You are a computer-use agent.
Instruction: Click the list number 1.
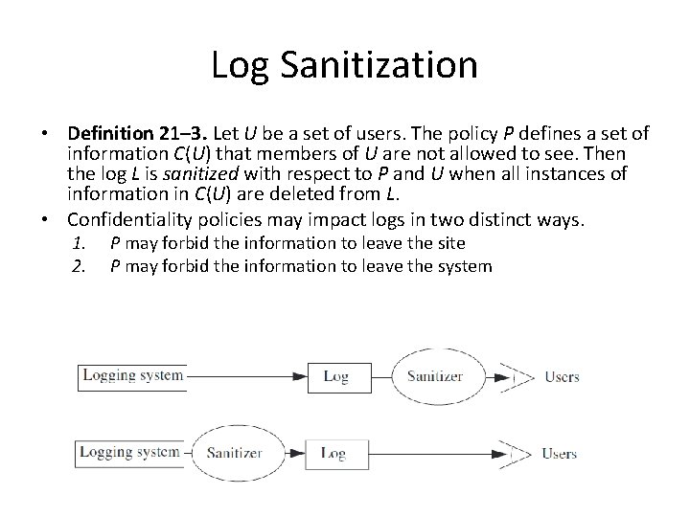pos(80,244)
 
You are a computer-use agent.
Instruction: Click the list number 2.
pos(80,265)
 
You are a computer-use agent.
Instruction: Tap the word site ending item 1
pos(448,244)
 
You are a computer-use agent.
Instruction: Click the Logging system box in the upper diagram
pos(132,375)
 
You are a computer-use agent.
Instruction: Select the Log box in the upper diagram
pos(335,376)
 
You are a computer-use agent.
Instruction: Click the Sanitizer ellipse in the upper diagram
pos(434,376)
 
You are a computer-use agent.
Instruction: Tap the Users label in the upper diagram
pos(562,376)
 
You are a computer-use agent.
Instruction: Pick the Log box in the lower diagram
pos(333,453)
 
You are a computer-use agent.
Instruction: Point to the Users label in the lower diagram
pos(560,453)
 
